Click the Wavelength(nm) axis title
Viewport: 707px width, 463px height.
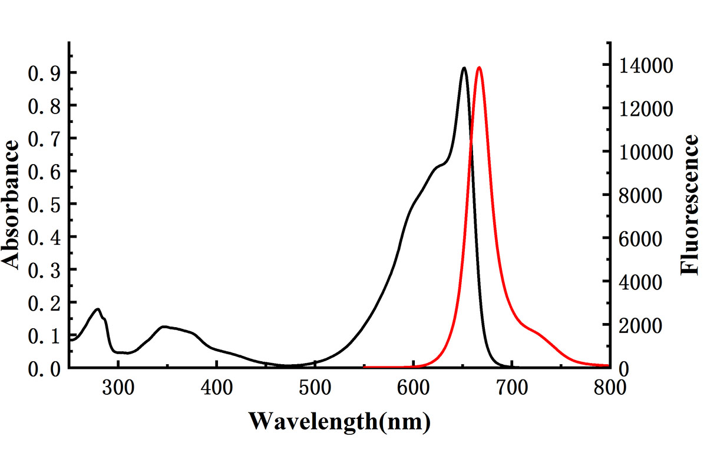[339, 421]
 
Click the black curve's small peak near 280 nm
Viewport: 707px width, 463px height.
[98, 309]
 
